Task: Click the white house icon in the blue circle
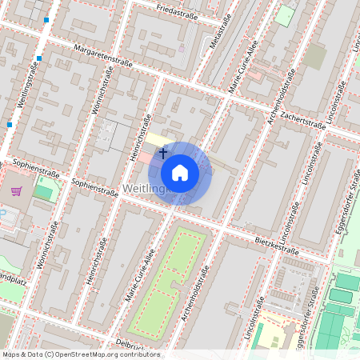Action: click(180, 173)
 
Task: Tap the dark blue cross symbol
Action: click(163, 152)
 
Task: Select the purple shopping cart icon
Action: click(16, 190)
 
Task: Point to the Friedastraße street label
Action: click(178, 12)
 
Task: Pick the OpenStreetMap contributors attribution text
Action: click(80, 354)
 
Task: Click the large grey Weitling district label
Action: click(145, 189)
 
